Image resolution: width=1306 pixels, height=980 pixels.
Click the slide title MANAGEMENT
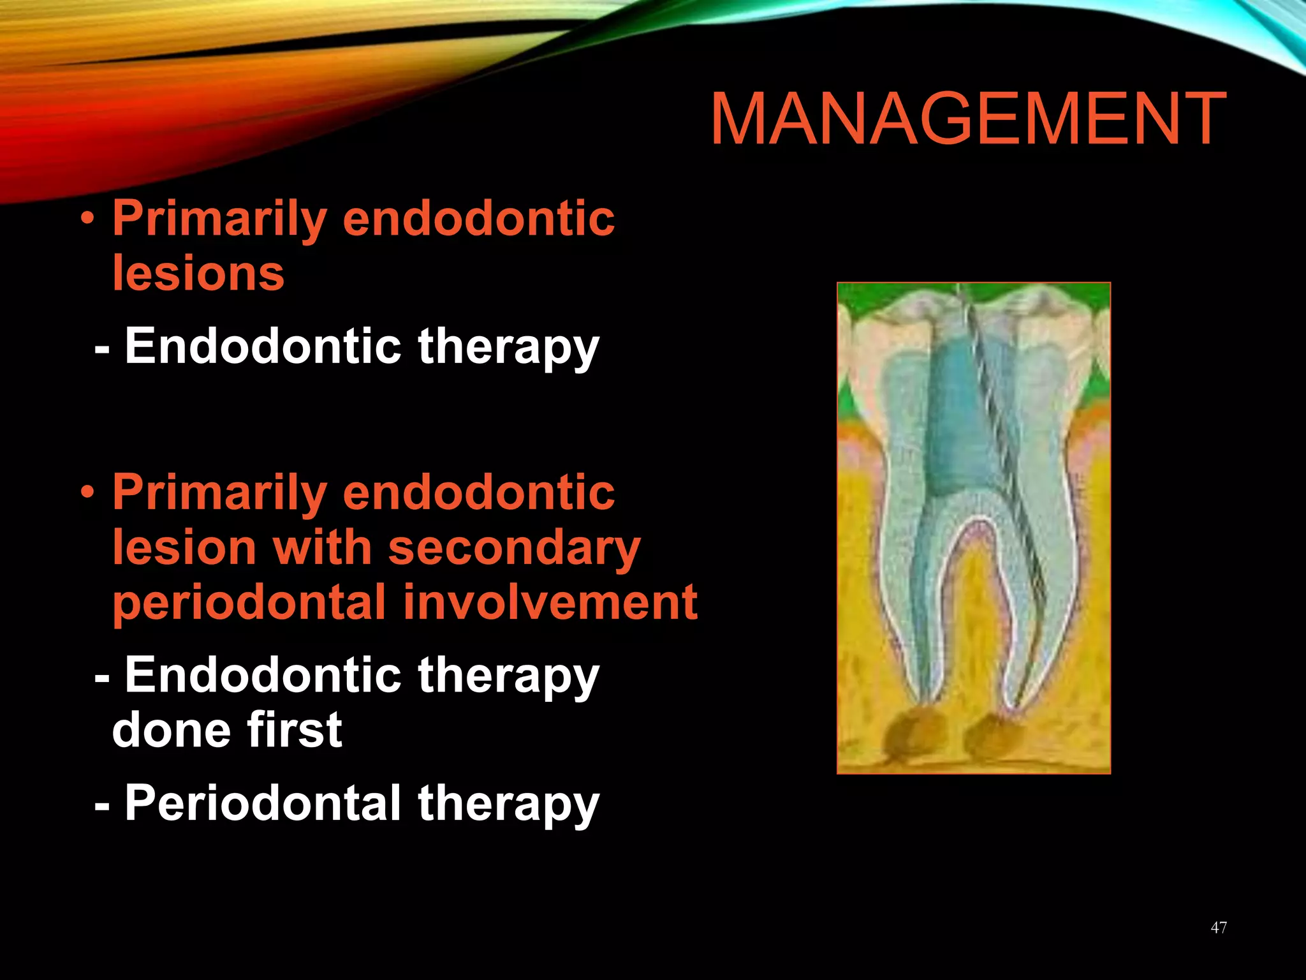[967, 120]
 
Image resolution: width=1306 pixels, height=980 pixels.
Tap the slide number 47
[1219, 928]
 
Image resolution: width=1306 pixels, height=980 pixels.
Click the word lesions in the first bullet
[198, 273]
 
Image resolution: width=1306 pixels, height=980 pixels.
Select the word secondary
[514, 548]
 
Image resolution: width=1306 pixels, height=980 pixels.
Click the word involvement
[551, 603]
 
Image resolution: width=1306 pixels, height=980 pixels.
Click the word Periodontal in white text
[263, 803]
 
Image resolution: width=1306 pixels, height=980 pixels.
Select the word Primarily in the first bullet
[220, 219]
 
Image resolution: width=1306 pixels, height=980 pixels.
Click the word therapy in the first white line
[508, 347]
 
